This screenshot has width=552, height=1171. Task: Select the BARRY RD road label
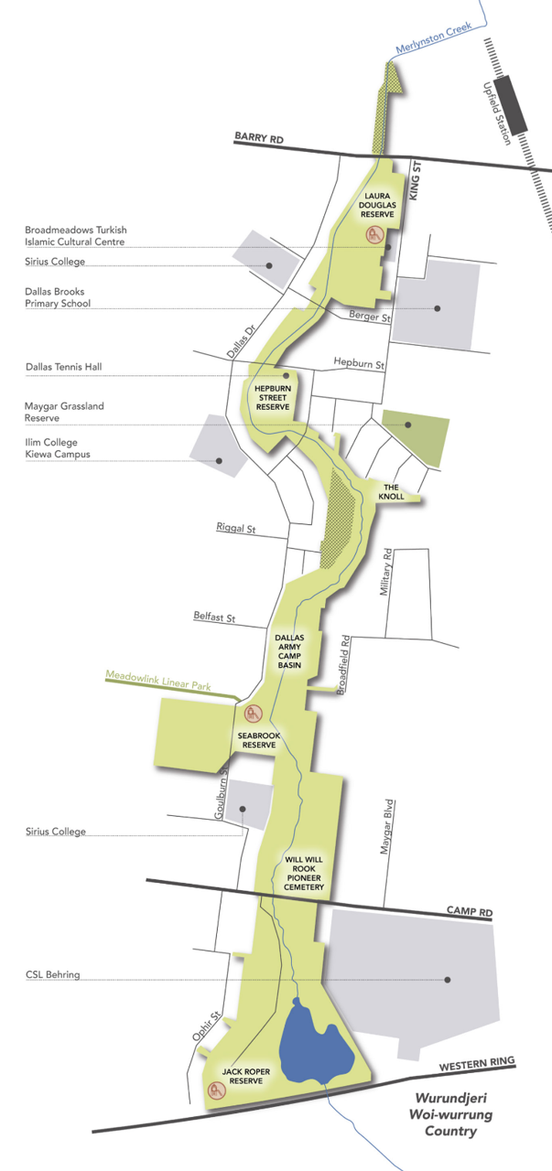(x=259, y=137)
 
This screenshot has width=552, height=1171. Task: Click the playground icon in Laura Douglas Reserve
(x=373, y=235)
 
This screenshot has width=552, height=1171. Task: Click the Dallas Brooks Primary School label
(x=57, y=297)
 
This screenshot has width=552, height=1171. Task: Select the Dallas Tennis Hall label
(x=63, y=367)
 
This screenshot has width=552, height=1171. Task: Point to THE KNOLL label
(x=389, y=491)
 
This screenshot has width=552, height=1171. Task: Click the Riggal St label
(x=237, y=528)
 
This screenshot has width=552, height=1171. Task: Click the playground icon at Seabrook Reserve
(x=255, y=714)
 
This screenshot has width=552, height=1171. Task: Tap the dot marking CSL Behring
(x=448, y=980)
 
